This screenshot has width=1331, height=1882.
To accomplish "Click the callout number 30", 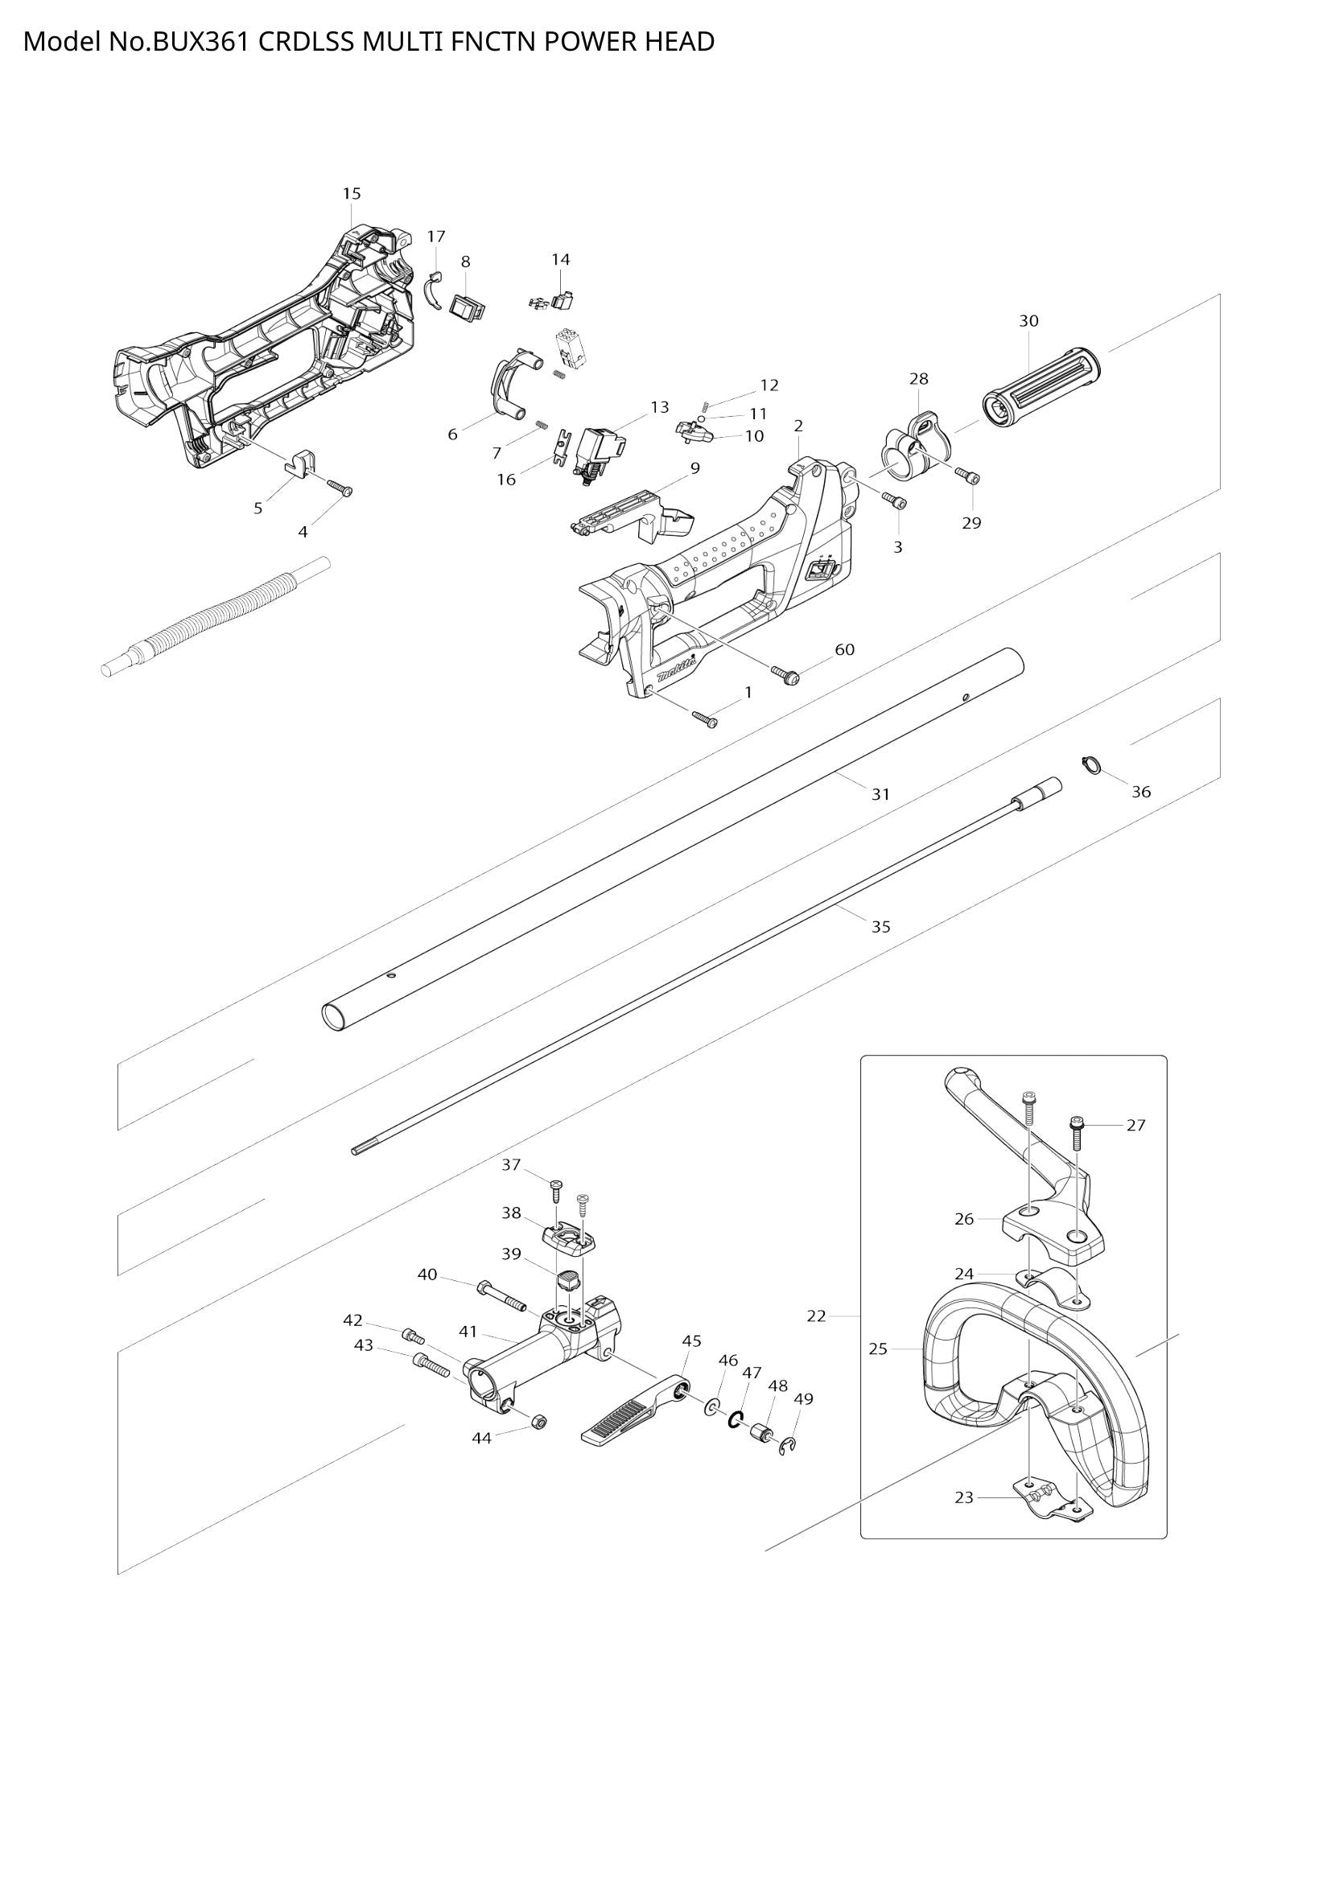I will click(x=1028, y=320).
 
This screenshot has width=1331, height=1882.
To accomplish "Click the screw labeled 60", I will click(x=785, y=674).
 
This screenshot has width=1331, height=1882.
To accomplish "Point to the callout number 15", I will click(x=352, y=193).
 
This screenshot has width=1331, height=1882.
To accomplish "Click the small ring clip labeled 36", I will click(x=1090, y=763).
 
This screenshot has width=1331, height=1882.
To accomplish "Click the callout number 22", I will click(x=816, y=1316).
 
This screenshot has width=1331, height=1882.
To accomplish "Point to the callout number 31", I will click(x=880, y=794).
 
